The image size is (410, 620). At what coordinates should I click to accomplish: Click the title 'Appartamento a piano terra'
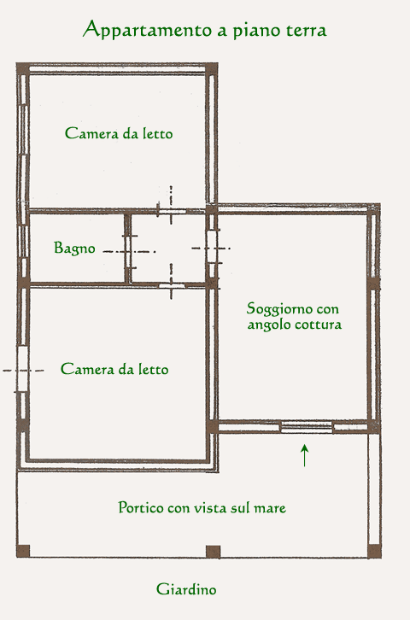click(x=205, y=30)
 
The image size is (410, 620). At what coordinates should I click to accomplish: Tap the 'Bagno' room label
click(x=74, y=249)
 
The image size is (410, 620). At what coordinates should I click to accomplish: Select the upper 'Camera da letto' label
click(x=119, y=133)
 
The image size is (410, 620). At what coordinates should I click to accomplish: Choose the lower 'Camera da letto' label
click(x=114, y=369)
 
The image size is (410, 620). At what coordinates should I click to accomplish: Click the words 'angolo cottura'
click(x=295, y=325)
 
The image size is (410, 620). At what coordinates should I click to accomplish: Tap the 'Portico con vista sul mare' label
click(x=202, y=508)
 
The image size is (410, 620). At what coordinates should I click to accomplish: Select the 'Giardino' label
click(x=186, y=589)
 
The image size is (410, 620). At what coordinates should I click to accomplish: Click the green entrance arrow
click(x=304, y=455)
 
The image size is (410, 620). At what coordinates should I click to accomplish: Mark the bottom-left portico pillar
click(x=23, y=551)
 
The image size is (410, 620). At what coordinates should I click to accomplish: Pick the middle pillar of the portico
click(x=214, y=552)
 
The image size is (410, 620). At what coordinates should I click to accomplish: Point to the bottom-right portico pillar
click(x=374, y=551)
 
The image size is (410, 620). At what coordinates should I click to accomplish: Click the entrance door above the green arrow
click(x=307, y=426)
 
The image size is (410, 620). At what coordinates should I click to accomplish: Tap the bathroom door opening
click(x=128, y=251)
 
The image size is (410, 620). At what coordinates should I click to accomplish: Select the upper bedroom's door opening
click(x=172, y=212)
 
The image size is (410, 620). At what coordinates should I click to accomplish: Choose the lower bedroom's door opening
click(x=172, y=285)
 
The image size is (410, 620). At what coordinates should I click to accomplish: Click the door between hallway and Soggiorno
click(x=212, y=247)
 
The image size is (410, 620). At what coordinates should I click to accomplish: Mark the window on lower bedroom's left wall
click(x=22, y=369)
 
